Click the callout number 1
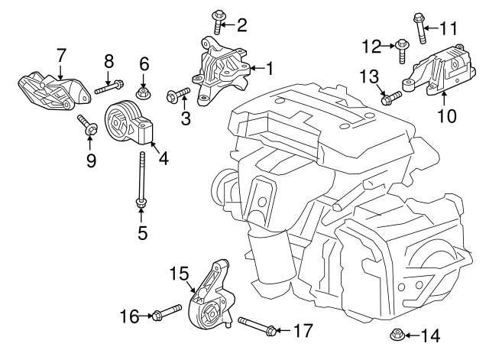[x=268, y=69]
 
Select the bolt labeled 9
[x=87, y=126]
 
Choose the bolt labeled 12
[x=401, y=50]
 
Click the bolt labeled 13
[x=390, y=97]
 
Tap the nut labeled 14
[x=397, y=335]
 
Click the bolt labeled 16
[x=167, y=313]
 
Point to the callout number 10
[x=446, y=116]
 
